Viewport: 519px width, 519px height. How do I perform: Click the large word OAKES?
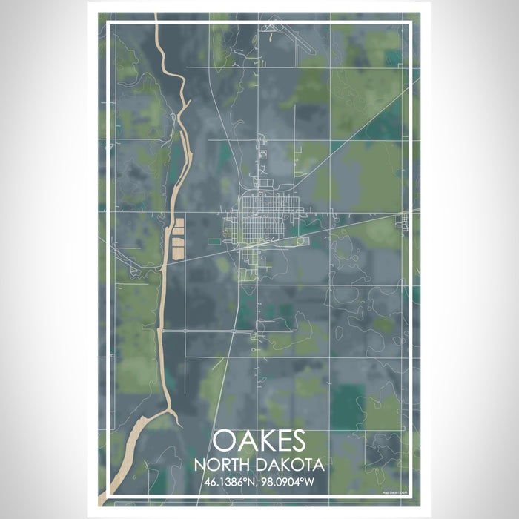coord(259,441)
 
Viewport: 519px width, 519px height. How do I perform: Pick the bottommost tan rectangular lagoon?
coord(178,253)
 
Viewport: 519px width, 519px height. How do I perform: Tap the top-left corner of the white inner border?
coord(108,23)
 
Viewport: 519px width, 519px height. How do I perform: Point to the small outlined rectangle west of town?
coord(214,241)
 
